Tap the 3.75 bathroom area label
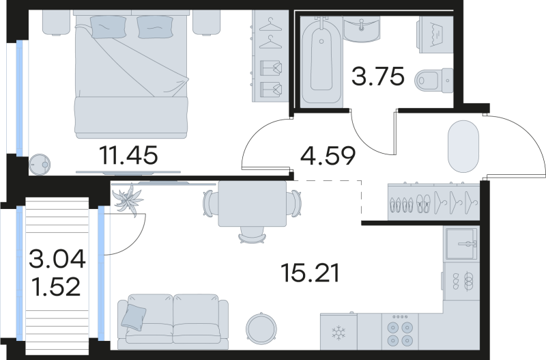click(x=377, y=77)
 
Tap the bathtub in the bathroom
click(x=323, y=60)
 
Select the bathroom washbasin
click(x=362, y=28)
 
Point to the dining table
click(x=252, y=204)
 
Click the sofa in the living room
click(x=173, y=318)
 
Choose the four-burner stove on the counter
click(x=399, y=333)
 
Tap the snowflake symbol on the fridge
click(x=338, y=334)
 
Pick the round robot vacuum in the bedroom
click(x=40, y=163)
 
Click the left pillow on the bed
click(x=108, y=27)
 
